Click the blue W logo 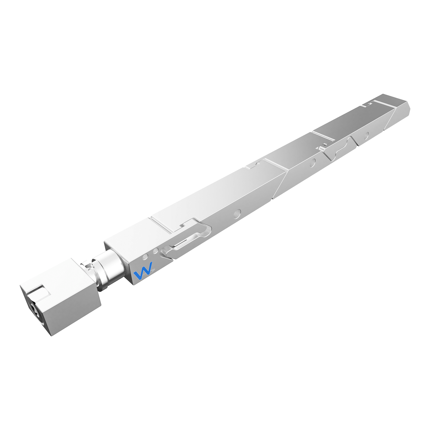click(143, 270)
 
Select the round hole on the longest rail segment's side click(237, 213)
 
